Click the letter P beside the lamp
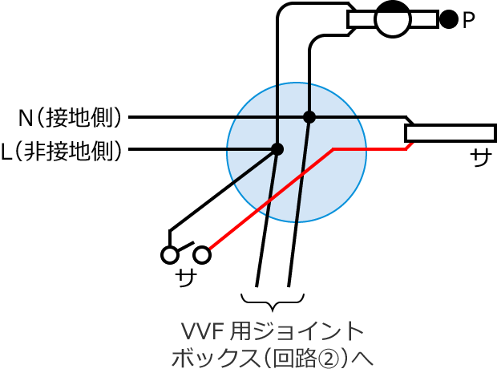[x=468, y=20]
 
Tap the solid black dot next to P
[x=449, y=19]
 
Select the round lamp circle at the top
[x=393, y=19]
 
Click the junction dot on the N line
[x=309, y=117]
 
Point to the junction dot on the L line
[x=277, y=149]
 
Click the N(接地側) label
[x=70, y=118]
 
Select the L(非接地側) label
[x=62, y=150]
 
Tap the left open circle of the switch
[x=170, y=254]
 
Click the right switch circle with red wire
[x=202, y=254]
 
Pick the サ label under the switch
[x=186, y=278]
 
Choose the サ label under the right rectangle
[x=481, y=157]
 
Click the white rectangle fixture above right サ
[x=451, y=133]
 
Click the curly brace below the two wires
[x=273, y=302]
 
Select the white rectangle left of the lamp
[x=362, y=19]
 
